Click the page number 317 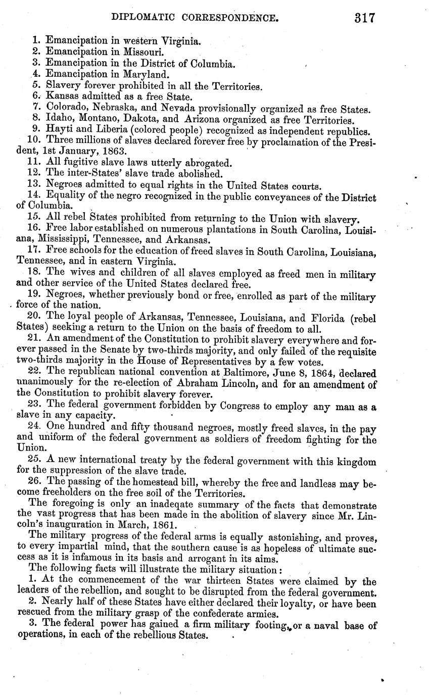[x=364, y=18]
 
